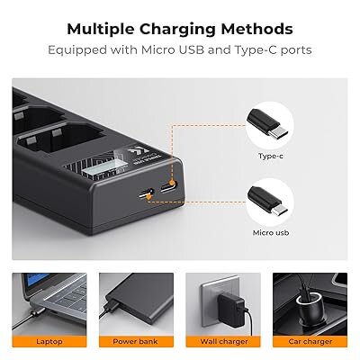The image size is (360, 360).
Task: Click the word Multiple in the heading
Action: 101,30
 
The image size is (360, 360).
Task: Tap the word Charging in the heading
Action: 177,30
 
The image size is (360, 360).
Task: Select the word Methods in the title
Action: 257,30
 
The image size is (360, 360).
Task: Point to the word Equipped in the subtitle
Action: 77,50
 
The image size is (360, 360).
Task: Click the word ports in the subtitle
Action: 296,50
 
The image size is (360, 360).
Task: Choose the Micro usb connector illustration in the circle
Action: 267,201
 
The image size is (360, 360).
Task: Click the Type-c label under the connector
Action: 271,156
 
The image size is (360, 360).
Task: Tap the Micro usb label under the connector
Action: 271,233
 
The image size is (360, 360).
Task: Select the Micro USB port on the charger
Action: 147,193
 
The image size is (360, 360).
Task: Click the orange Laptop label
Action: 49,342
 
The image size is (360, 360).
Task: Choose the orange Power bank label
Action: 136,342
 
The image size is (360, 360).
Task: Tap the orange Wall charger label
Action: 223,342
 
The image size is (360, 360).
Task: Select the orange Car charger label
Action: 310,342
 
